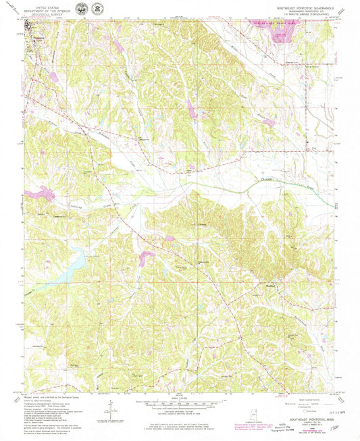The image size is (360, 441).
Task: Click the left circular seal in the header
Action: click(81, 9)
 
